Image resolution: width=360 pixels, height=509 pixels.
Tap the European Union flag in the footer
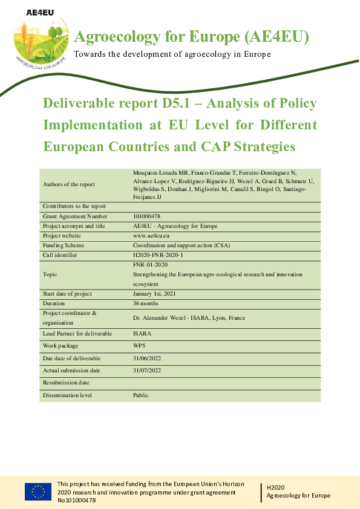[38, 492]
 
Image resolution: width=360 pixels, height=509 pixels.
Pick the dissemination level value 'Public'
[142, 395]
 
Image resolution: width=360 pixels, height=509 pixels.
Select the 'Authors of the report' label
[68, 184]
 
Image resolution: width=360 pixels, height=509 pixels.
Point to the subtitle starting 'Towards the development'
[172, 54]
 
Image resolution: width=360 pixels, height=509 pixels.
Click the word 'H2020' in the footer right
[276, 486]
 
